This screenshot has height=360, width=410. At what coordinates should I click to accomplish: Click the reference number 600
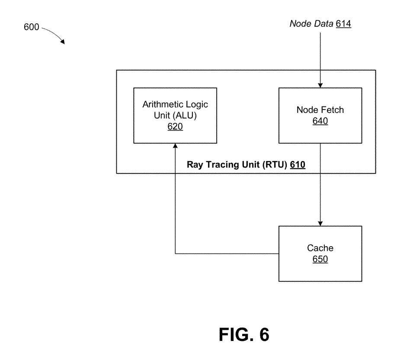pyautogui.click(x=32, y=27)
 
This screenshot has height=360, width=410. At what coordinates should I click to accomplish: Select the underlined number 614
pyautogui.click(x=343, y=24)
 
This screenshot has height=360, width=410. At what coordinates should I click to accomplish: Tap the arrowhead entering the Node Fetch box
pyautogui.click(x=320, y=85)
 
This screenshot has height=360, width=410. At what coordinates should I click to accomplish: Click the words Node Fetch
pyautogui.click(x=320, y=110)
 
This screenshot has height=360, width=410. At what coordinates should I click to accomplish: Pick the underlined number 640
pyautogui.click(x=320, y=121)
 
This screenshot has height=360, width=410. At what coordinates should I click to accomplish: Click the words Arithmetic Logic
pyautogui.click(x=175, y=106)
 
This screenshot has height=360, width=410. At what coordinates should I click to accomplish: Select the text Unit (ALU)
pyautogui.click(x=175, y=116)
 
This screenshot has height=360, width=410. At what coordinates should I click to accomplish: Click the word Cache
pyautogui.click(x=320, y=248)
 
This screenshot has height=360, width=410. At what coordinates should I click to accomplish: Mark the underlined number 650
pyautogui.click(x=320, y=259)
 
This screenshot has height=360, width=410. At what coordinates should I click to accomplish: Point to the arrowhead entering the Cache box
pyautogui.click(x=320, y=223)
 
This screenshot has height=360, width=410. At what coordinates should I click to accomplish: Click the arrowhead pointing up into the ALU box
pyautogui.click(x=175, y=146)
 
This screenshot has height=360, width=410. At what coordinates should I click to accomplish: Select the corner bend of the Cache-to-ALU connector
pyautogui.click(x=175, y=254)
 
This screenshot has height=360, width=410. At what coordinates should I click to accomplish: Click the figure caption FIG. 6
pyautogui.click(x=244, y=334)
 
